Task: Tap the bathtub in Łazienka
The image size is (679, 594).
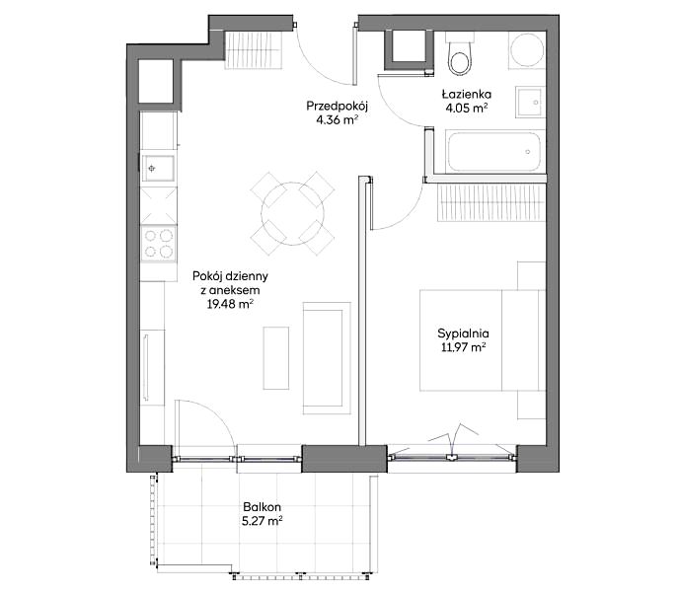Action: click(494, 152)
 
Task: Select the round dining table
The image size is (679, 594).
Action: click(292, 213)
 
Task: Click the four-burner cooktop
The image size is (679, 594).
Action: click(159, 244)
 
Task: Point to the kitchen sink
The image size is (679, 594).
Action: click(159, 168)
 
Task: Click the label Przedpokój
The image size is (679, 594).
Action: click(337, 107)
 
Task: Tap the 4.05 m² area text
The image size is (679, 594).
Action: click(467, 109)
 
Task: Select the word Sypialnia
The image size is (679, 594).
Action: click(463, 334)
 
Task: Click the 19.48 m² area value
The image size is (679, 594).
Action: click(230, 304)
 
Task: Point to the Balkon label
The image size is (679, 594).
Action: click(262, 506)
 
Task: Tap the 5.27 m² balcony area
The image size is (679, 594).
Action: click(263, 521)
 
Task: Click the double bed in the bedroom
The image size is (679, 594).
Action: click(482, 340)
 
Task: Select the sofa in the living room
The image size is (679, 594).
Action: click(327, 358)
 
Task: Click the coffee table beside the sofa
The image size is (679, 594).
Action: click(276, 358)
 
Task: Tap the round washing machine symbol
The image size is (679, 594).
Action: click(526, 50)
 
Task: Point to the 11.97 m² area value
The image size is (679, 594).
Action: click(463, 347)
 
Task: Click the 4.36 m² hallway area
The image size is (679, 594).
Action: click(337, 120)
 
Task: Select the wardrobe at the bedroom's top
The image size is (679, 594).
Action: click(491, 202)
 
